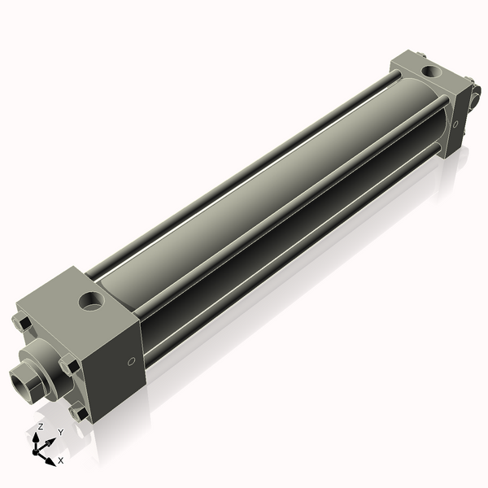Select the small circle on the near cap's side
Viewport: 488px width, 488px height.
pyautogui.click(x=129, y=361)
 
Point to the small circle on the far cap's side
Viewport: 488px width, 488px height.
pyautogui.click(x=455, y=124)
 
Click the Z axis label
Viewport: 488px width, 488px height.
pyautogui.click(x=41, y=426)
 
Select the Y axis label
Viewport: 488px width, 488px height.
pyautogui.click(x=60, y=432)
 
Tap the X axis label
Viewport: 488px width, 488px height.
pyautogui.click(x=61, y=460)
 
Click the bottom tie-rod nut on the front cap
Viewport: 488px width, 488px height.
pyautogui.click(x=78, y=413)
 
